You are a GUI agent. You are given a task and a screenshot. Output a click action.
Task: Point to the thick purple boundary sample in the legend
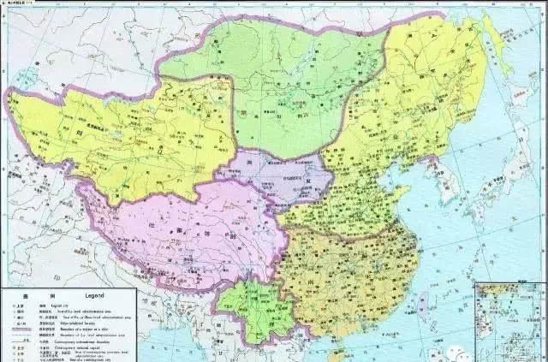click(x=21, y=329)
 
